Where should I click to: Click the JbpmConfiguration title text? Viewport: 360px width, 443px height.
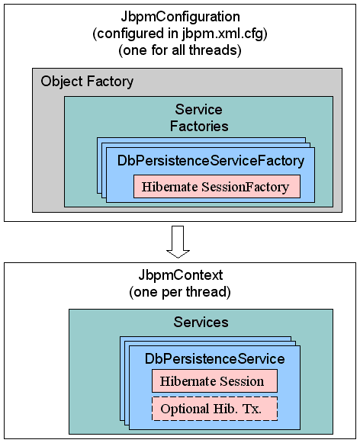click(x=181, y=17)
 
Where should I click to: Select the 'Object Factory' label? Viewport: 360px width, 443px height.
click(x=87, y=82)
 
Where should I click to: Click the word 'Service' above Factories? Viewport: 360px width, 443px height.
click(x=198, y=110)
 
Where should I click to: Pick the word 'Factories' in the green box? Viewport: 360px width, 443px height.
click(x=198, y=126)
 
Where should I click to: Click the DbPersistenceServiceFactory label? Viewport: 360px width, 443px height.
click(x=211, y=161)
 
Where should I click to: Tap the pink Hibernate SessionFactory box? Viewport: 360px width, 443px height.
click(x=217, y=186)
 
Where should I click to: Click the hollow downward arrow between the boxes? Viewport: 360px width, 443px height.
click(x=178, y=241)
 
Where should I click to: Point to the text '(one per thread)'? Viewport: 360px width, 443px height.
click(x=180, y=293)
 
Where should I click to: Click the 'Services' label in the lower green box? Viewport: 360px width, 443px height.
click(x=201, y=323)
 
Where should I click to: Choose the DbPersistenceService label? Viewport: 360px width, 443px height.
click(x=215, y=358)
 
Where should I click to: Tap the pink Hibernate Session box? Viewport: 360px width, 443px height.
click(x=214, y=381)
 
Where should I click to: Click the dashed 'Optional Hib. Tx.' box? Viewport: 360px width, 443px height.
click(x=214, y=409)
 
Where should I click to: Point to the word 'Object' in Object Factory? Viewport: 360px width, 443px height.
click(x=63, y=82)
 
